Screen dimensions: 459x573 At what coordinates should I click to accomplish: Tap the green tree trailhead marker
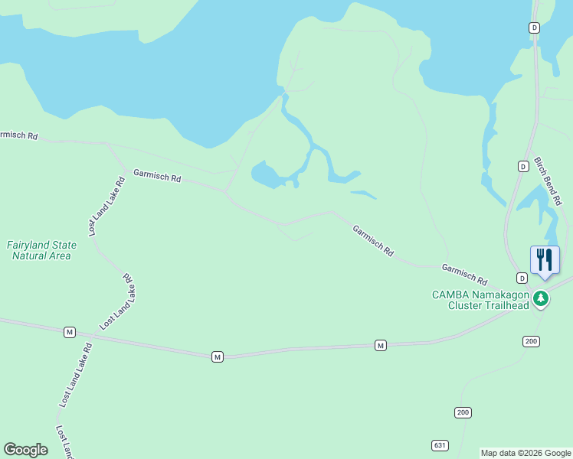point(541,298)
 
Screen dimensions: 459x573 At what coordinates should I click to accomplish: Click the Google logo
point(25,450)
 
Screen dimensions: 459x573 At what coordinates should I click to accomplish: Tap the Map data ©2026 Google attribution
point(526,453)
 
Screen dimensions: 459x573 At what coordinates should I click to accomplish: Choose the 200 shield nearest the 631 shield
point(462,412)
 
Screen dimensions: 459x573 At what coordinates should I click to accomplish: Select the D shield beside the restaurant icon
point(522,277)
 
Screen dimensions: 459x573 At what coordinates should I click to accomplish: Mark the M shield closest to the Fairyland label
point(70,332)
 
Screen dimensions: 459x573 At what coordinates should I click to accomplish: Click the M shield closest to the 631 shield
point(380,346)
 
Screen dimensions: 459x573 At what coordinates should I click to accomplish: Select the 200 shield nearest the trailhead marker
point(531,340)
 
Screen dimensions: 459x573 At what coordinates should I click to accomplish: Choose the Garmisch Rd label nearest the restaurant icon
point(464,273)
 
